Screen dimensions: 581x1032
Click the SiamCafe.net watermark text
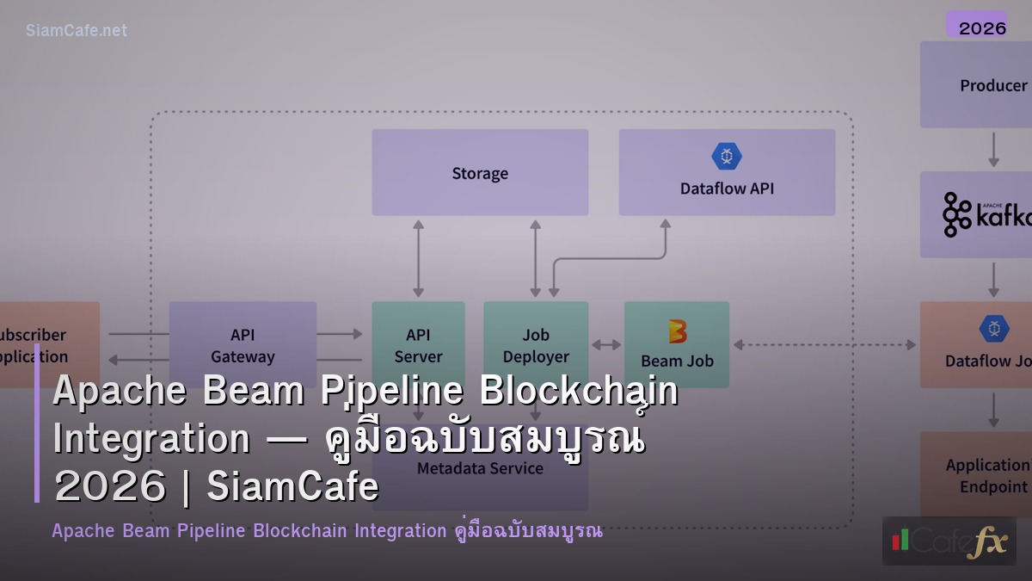click(x=77, y=30)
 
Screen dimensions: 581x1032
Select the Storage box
click(x=480, y=172)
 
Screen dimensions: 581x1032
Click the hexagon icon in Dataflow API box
click(x=727, y=156)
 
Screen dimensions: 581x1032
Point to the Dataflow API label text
click(x=727, y=189)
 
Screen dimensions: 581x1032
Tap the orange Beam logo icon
click(x=678, y=331)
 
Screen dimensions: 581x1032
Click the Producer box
click(x=980, y=85)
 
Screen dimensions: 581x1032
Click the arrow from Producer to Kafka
click(x=993, y=149)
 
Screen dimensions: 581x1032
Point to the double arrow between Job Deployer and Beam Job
click(x=606, y=345)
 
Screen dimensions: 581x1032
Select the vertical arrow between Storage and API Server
click(x=419, y=258)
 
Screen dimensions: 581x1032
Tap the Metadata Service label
click(x=480, y=468)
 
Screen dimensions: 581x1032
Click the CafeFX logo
click(x=949, y=541)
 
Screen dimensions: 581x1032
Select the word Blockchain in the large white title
click(x=579, y=392)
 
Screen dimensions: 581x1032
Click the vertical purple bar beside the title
click(x=37, y=422)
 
